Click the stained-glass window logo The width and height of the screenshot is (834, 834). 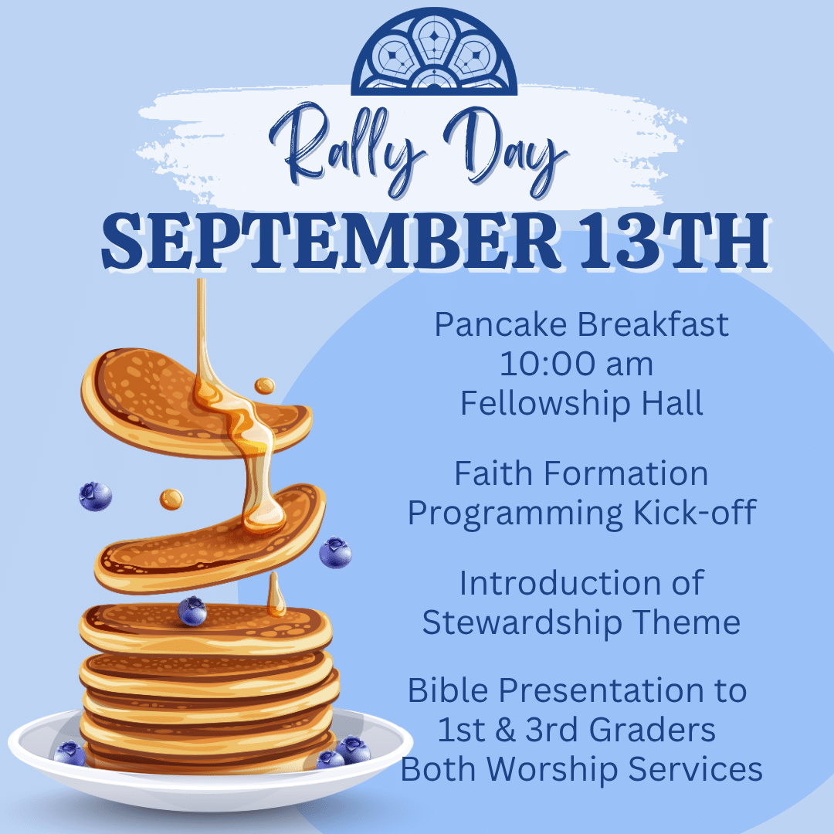[434, 53]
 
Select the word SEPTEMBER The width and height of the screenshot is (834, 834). [331, 241]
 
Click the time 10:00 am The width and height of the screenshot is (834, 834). [577, 364]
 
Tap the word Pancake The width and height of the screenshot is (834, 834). [500, 324]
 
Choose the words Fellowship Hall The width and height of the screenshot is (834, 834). [582, 403]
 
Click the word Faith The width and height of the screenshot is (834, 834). [493, 473]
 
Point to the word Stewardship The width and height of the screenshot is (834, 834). [522, 622]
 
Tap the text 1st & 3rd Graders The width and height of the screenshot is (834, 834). [577, 729]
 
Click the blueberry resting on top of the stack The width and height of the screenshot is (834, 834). [192, 611]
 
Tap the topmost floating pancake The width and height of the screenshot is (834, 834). [196, 402]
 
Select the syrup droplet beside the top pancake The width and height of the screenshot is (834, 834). [264, 385]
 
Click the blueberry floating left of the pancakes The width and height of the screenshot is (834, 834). [95, 497]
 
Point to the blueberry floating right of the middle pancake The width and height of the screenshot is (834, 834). [335, 553]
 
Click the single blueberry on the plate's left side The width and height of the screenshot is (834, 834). [69, 754]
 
